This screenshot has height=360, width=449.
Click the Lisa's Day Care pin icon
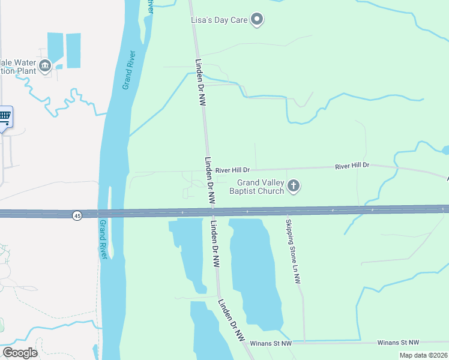(257, 20)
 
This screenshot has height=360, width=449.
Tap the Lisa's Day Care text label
(219, 20)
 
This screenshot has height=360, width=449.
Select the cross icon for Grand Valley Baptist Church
(294, 186)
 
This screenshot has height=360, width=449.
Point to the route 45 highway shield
(77, 215)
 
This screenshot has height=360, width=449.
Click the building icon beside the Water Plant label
(44, 65)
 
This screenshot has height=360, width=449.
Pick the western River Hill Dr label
(236, 170)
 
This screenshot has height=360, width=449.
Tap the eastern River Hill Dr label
(352, 165)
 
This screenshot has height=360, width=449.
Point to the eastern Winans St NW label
(398, 342)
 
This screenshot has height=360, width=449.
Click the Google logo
(20, 353)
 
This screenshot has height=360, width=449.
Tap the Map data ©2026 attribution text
(423, 355)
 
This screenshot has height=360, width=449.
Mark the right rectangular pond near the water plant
(73, 50)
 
